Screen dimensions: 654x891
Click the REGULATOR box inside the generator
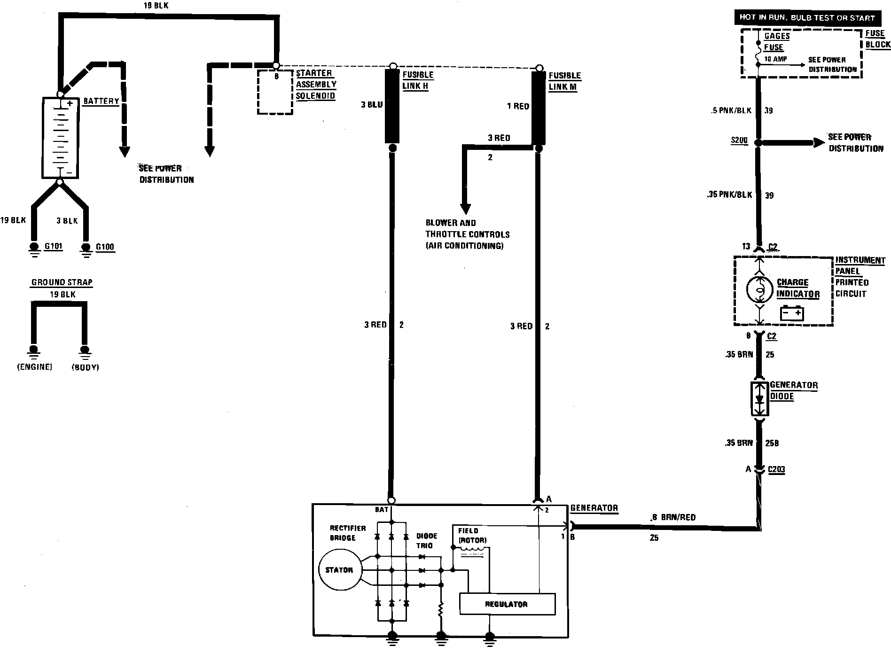click(507, 604)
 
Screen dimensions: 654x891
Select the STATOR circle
click(339, 570)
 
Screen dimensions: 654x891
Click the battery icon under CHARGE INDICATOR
click(792, 313)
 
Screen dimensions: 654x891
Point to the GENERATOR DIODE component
click(759, 398)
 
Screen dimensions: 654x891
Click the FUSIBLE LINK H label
click(418, 80)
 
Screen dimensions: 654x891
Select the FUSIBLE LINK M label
click(564, 81)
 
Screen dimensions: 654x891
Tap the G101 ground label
click(53, 246)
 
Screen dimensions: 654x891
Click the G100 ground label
click(105, 247)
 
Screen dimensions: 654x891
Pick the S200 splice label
click(739, 140)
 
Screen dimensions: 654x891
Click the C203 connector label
click(776, 469)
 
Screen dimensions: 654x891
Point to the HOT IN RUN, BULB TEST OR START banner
click(807, 18)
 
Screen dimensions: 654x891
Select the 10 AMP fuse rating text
click(775, 59)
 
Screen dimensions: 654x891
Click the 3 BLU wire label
click(372, 105)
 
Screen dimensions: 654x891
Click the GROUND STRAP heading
click(62, 282)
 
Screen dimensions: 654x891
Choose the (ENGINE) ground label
click(34, 367)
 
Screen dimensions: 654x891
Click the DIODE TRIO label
click(427, 541)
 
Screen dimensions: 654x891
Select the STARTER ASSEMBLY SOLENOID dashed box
click(275, 92)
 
